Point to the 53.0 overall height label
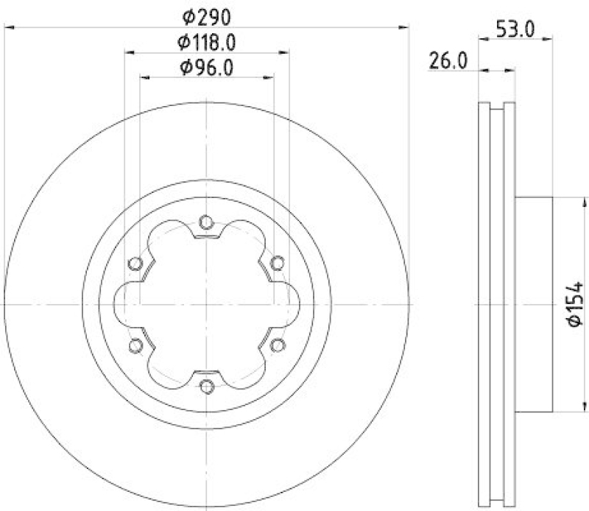point(515,30)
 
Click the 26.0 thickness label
point(448,62)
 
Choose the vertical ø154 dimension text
point(574,303)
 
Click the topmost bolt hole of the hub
point(206,220)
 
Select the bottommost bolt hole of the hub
point(206,386)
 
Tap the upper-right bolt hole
point(278,262)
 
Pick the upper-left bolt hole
point(134,262)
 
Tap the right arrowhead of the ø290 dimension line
point(403,27)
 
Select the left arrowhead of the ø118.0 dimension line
point(128,53)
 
